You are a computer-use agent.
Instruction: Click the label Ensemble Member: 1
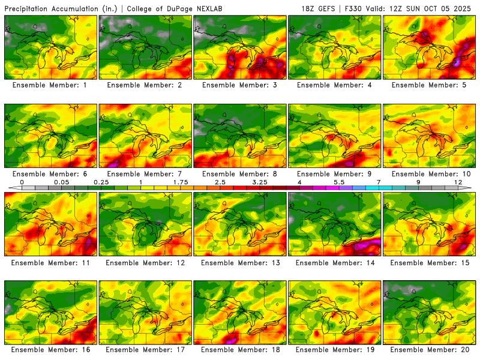[x=50, y=85]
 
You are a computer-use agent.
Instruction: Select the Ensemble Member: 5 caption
[x=430, y=85]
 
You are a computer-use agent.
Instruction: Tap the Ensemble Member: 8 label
[x=240, y=174]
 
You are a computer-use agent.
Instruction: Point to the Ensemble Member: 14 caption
[x=335, y=262]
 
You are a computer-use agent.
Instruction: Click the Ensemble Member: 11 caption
[x=50, y=262]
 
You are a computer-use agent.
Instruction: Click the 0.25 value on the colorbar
[x=101, y=182]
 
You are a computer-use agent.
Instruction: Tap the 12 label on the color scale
[x=458, y=182]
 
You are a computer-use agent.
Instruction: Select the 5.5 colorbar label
[x=339, y=182]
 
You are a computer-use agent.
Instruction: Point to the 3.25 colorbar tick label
[x=260, y=182]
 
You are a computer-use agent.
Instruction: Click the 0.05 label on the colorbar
[x=61, y=182]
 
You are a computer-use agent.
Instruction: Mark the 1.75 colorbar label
[x=180, y=182]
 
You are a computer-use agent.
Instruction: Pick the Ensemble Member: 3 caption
[x=240, y=85]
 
